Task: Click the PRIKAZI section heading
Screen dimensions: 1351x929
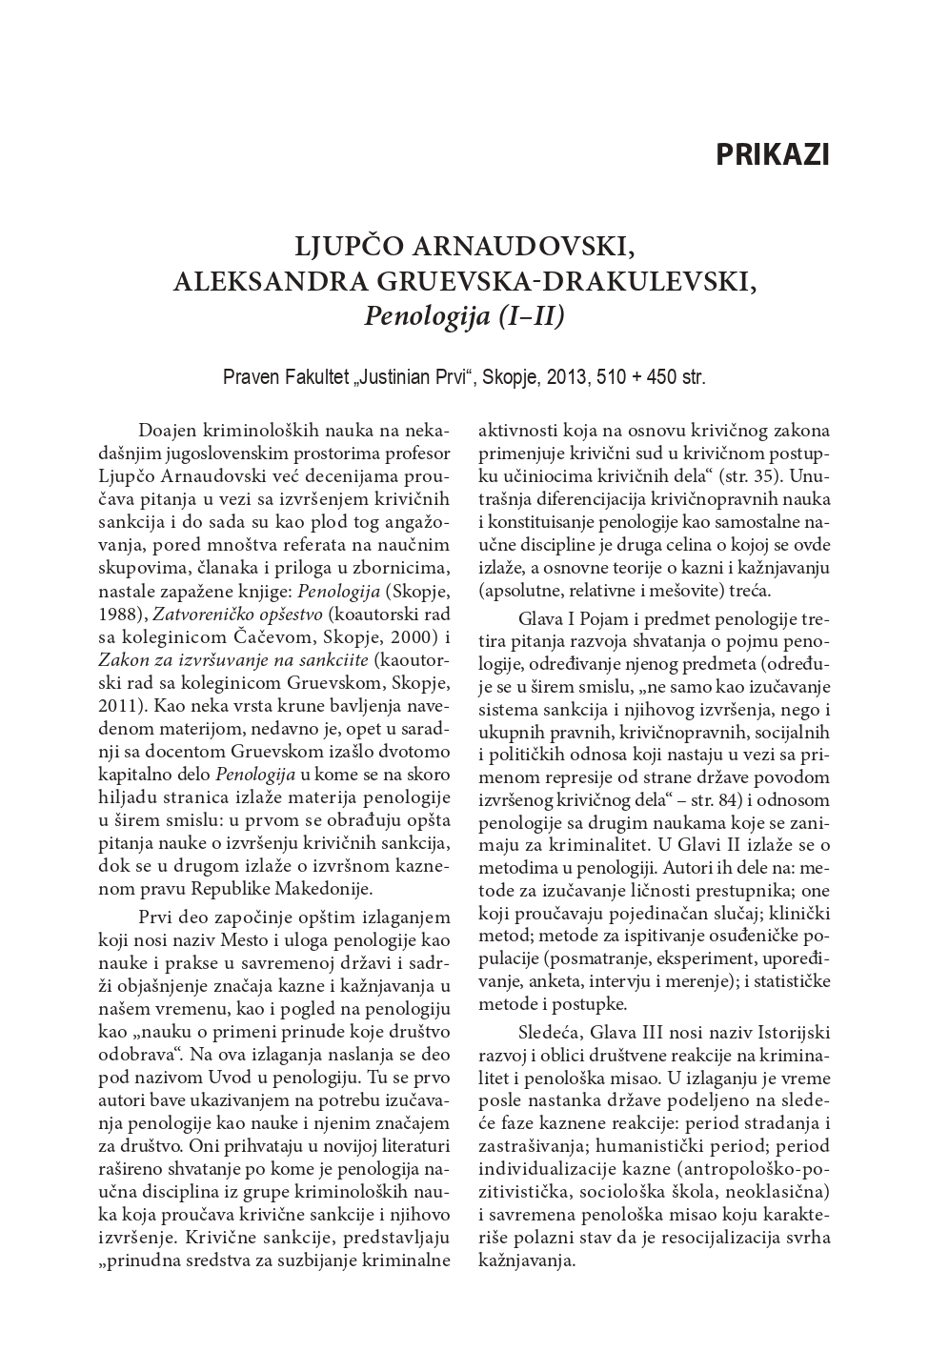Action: coord(772,154)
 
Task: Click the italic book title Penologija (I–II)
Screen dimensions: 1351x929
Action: coord(464,315)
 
